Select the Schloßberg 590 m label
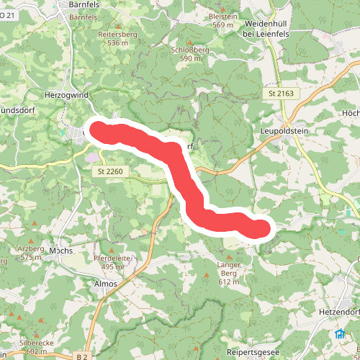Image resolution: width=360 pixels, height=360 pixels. coord(191,55)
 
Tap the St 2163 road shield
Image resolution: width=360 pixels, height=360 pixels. coord(281,94)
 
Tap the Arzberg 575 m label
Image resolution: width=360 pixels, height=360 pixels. coord(31,253)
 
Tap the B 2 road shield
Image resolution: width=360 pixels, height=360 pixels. coord(83,356)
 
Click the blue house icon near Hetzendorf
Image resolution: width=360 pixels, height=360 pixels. coord(339,333)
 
